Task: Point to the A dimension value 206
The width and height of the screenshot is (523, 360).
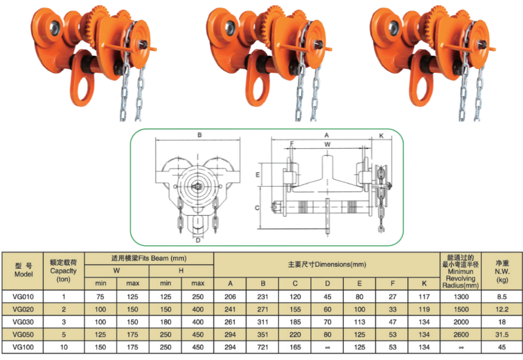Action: click(x=230, y=296)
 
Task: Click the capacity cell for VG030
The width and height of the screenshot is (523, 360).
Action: click(x=64, y=321)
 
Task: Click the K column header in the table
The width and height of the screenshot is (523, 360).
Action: click(x=425, y=283)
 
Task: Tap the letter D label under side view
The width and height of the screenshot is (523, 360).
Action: click(x=198, y=240)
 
